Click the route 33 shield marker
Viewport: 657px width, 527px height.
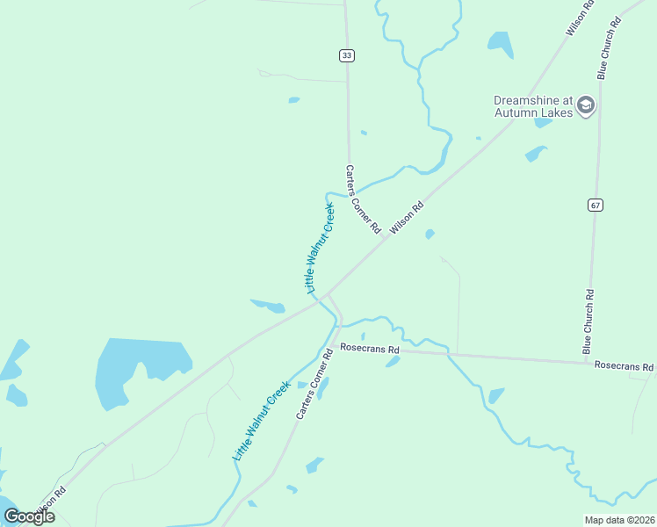pyautogui.click(x=346, y=55)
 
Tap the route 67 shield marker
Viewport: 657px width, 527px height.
pyautogui.click(x=596, y=206)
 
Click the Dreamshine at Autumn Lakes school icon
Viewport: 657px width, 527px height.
pyautogui.click(x=587, y=106)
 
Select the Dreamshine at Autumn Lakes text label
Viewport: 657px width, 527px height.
pyautogui.click(x=532, y=106)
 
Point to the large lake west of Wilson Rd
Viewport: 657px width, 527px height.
pyautogui.click(x=136, y=369)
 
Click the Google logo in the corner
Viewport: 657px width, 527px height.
pyautogui.click(x=29, y=516)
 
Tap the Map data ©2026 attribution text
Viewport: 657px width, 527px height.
pyautogui.click(x=619, y=520)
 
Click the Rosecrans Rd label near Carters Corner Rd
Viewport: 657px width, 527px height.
pyautogui.click(x=370, y=349)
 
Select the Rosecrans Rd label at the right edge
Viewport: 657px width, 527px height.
pyautogui.click(x=624, y=365)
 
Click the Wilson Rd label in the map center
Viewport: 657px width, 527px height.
pyautogui.click(x=407, y=217)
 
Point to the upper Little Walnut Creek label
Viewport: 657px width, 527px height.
pyautogui.click(x=320, y=248)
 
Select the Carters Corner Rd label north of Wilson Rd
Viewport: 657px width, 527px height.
pyautogui.click(x=362, y=199)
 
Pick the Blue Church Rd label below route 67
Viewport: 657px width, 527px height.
pyautogui.click(x=588, y=321)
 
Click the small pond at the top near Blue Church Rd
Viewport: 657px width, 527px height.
pyautogui.click(x=500, y=42)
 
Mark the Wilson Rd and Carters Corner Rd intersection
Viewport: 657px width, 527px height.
pyautogui.click(x=328, y=293)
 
